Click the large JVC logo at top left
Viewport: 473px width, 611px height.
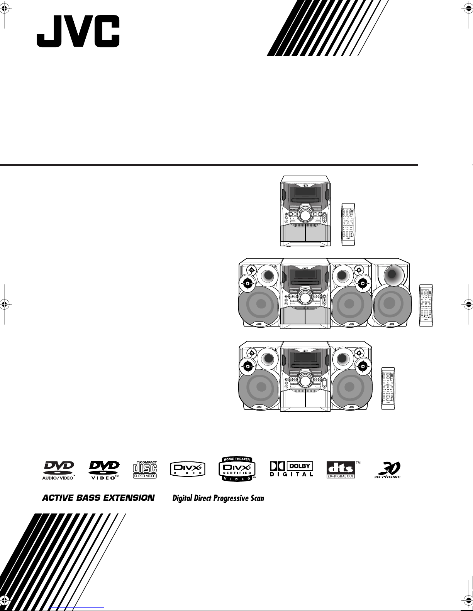(78, 32)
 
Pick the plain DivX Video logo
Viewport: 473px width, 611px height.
(188, 470)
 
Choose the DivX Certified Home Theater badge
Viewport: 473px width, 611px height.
(237, 469)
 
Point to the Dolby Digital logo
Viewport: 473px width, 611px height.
(291, 469)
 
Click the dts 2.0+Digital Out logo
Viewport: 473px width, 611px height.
(341, 470)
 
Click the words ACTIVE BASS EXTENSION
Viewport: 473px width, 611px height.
(98, 498)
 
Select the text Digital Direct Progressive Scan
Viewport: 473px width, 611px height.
(218, 498)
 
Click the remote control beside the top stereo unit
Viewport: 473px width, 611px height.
(348, 224)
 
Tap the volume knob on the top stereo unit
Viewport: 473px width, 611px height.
(305, 215)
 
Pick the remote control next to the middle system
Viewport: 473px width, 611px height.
(426, 305)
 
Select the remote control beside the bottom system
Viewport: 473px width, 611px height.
(388, 388)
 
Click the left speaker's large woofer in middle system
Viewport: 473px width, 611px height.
(258, 306)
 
